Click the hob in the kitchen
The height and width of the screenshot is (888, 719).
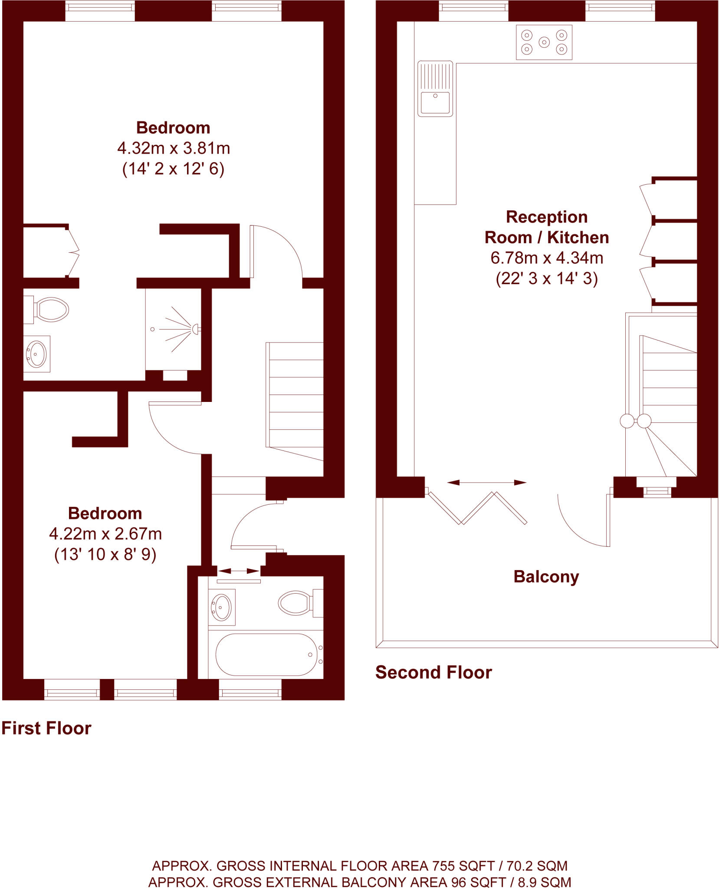pyautogui.click(x=544, y=42)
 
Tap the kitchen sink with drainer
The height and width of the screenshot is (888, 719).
pyautogui.click(x=435, y=89)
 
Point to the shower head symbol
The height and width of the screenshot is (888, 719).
pyautogui.click(x=195, y=329)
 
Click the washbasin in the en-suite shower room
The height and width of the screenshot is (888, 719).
pyautogui.click(x=36, y=354)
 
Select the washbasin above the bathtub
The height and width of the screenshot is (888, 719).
pyautogui.click(x=221, y=607)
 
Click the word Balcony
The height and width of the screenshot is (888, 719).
pyautogui.click(x=546, y=577)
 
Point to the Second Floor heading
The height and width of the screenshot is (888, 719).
pyautogui.click(x=433, y=673)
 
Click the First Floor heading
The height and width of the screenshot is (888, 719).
pyautogui.click(x=46, y=728)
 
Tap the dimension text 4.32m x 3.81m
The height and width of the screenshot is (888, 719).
pyautogui.click(x=174, y=148)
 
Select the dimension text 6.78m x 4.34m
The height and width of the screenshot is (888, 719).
pyautogui.click(x=547, y=258)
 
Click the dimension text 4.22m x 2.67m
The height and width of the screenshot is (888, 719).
pyautogui.click(x=105, y=534)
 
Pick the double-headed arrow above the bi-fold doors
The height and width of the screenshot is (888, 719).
pyautogui.click(x=486, y=482)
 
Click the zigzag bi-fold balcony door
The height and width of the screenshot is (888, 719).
pyautogui.click(x=477, y=508)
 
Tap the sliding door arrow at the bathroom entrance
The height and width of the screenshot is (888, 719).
pyautogui.click(x=238, y=571)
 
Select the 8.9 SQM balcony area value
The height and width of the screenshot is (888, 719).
pyautogui.click(x=544, y=882)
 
